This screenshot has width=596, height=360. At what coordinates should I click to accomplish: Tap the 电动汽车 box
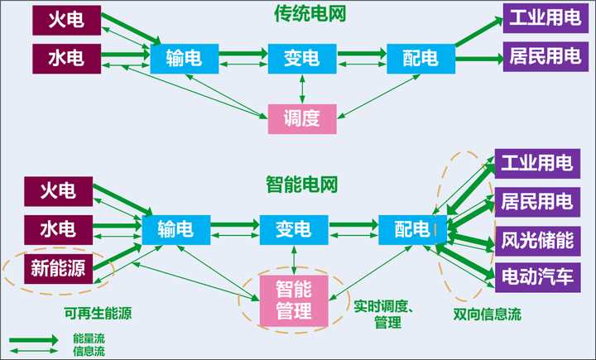(x=536, y=276)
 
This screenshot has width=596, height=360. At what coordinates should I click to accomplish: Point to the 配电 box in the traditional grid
(x=421, y=57)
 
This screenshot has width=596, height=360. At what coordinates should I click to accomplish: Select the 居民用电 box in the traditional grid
(x=545, y=59)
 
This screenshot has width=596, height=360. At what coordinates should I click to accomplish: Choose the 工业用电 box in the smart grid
(x=536, y=163)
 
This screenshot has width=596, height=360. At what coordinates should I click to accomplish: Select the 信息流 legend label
(x=89, y=352)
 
